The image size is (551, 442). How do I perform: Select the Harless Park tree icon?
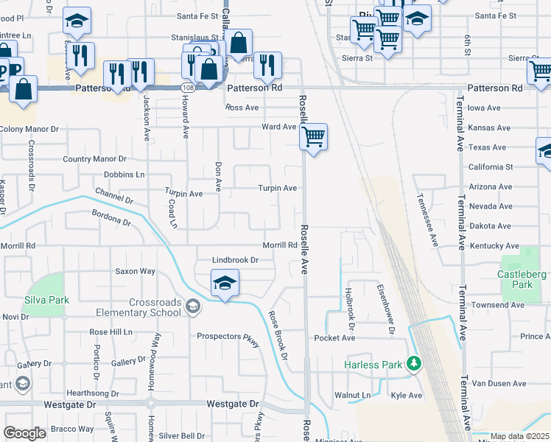[x=414, y=363]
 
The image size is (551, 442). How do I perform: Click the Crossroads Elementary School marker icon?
[x=192, y=306]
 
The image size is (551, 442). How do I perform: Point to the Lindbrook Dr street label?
[x=236, y=260]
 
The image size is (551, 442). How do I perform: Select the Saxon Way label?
[x=135, y=271]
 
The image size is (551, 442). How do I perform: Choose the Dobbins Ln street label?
[x=124, y=175]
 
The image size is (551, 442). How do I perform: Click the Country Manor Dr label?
[x=95, y=158]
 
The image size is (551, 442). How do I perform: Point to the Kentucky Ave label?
[x=493, y=245]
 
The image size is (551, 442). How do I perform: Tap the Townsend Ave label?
[x=498, y=304]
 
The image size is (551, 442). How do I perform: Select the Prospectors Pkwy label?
[x=228, y=337]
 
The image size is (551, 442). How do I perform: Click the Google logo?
[x=24, y=433]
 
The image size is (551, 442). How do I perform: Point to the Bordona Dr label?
[x=111, y=217]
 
